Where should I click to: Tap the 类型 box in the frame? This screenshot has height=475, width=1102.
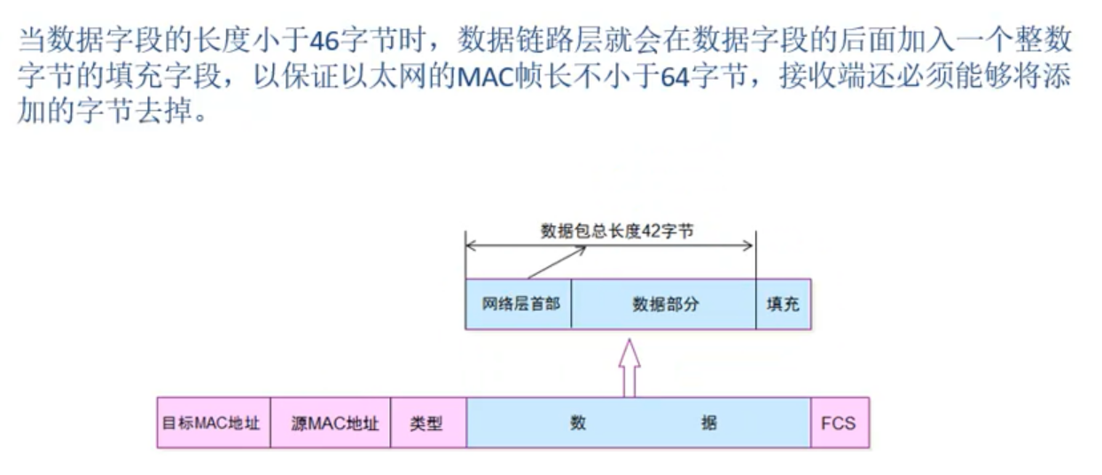(x=427, y=423)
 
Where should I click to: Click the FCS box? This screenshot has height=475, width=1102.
(x=838, y=423)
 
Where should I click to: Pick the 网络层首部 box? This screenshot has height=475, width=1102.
(x=519, y=304)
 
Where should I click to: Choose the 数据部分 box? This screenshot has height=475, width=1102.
(x=664, y=304)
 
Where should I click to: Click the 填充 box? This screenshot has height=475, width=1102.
(x=783, y=304)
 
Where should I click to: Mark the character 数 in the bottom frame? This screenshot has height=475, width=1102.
(x=578, y=423)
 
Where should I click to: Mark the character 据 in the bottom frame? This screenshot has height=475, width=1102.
(x=708, y=423)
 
